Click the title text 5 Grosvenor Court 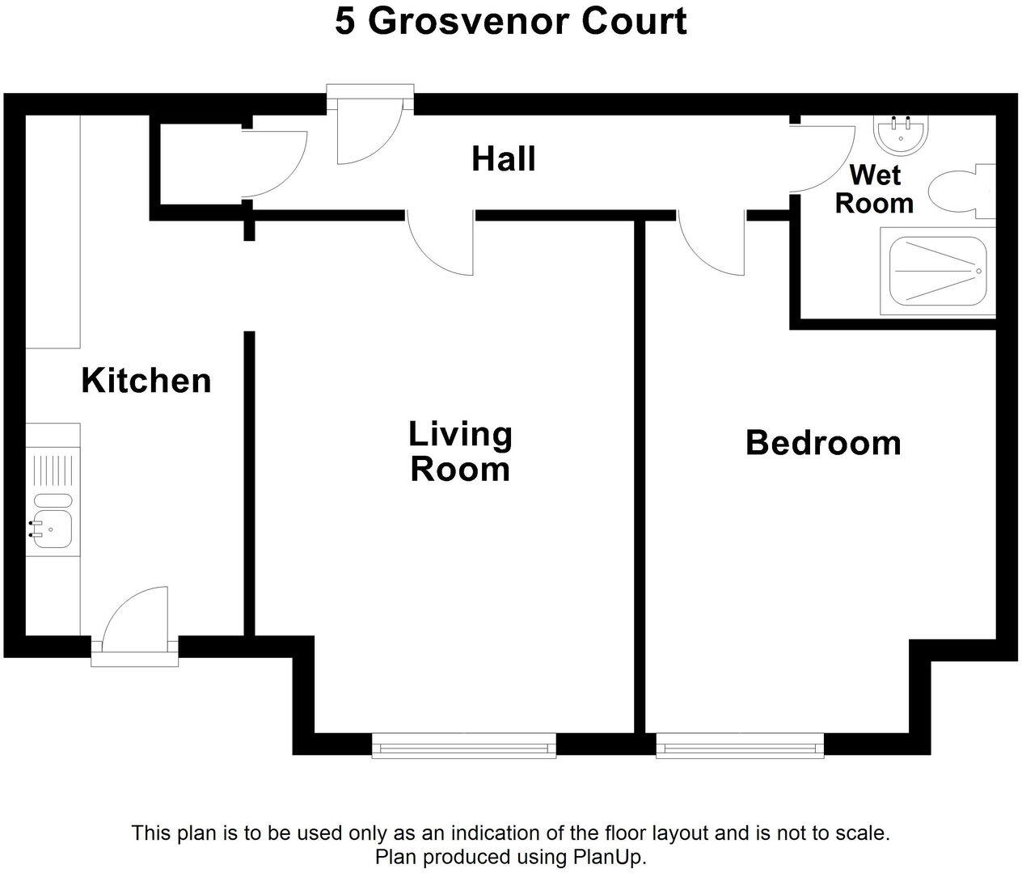pyautogui.click(x=510, y=22)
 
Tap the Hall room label pyautogui.click(x=503, y=159)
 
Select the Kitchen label pyautogui.click(x=146, y=381)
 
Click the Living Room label pyautogui.click(x=460, y=452)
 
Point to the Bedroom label pyautogui.click(x=822, y=443)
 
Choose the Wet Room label pyautogui.click(x=874, y=189)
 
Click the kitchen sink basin pyautogui.click(x=53, y=529)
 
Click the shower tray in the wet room pyautogui.click(x=936, y=271)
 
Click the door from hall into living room pyautogui.click(x=441, y=242)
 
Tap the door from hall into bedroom pyautogui.click(x=712, y=242)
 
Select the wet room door pyautogui.click(x=823, y=158)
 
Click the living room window pyautogui.click(x=463, y=745)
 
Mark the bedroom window pyautogui.click(x=739, y=745)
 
